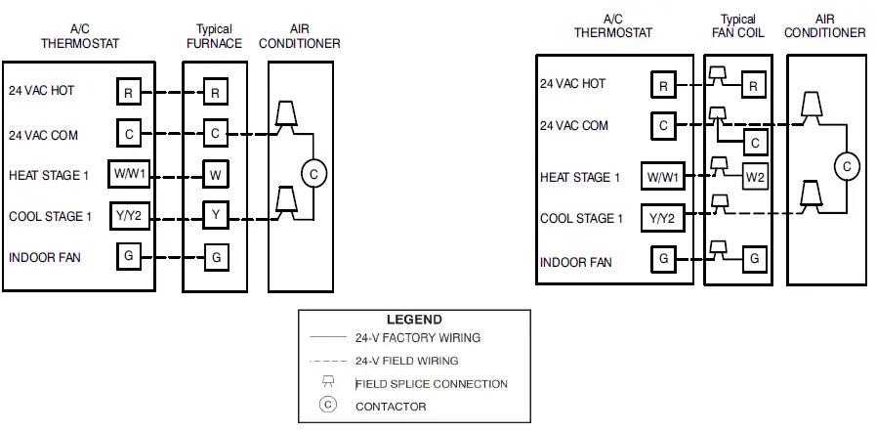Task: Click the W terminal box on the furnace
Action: (x=216, y=176)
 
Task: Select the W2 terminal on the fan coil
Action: (x=754, y=177)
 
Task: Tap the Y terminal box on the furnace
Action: (x=216, y=214)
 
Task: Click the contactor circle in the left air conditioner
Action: (x=313, y=174)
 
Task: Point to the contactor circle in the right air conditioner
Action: (x=847, y=166)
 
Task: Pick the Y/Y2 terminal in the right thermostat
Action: (x=662, y=218)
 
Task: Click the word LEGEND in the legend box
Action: (x=414, y=320)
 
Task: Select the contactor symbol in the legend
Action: (x=328, y=406)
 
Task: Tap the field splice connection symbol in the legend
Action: (x=328, y=383)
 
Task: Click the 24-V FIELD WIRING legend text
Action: (x=406, y=361)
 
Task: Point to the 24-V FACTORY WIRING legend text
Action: (x=417, y=338)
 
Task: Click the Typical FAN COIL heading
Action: (x=738, y=25)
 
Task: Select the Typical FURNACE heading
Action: (x=214, y=36)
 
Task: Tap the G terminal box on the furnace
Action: (x=216, y=258)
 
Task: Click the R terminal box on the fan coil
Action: (x=754, y=86)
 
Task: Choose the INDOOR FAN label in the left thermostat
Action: (x=45, y=258)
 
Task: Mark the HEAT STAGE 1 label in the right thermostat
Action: (x=580, y=177)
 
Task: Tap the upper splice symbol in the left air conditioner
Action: (x=285, y=114)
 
